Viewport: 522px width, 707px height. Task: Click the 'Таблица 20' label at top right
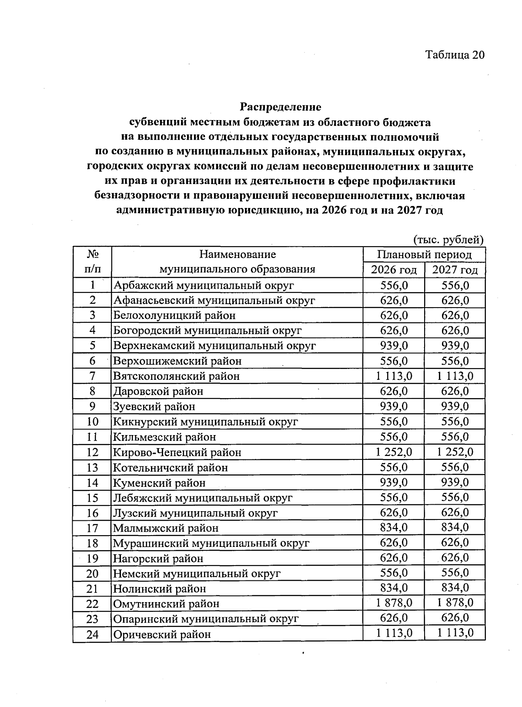tap(454, 55)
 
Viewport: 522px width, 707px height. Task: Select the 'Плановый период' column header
tap(424, 254)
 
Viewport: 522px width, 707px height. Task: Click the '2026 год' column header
tap(394, 270)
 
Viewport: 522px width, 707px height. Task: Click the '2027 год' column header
tap(455, 270)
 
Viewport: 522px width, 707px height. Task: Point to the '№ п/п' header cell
tap(92, 261)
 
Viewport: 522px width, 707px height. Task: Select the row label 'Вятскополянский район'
tap(176, 376)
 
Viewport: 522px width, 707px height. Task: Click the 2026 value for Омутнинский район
tap(394, 603)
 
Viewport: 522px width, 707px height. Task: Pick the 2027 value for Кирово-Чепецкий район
tap(455, 452)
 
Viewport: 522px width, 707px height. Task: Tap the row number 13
tap(92, 468)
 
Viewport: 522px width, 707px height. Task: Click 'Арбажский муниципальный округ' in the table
tap(204, 285)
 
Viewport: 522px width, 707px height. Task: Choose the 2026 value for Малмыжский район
tap(394, 527)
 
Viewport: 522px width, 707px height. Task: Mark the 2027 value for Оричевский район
tap(455, 633)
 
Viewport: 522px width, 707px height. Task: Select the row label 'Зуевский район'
tap(154, 406)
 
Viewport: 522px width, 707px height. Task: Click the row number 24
tap(92, 634)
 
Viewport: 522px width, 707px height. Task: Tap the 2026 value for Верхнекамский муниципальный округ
tap(394, 345)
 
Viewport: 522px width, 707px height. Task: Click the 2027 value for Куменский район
tap(455, 482)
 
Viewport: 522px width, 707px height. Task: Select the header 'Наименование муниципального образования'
tap(237, 261)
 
